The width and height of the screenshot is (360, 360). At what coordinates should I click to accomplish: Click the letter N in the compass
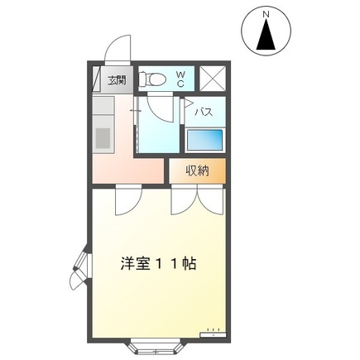pos(266,14)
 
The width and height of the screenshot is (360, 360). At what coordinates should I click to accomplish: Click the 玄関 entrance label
pos(117,80)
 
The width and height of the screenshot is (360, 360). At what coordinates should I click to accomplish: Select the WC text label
pos(180,79)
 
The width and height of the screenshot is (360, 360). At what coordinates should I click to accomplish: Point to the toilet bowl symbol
pos(152,79)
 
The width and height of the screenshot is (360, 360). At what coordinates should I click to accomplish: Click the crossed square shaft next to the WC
pos(213,79)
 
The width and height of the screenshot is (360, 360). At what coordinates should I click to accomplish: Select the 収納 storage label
pos(196,171)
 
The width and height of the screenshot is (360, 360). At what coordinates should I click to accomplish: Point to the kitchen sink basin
pos(103,135)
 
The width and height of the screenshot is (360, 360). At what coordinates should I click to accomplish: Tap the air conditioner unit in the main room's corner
pos(213,334)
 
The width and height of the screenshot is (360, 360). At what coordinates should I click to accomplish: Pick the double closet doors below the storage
pos(196,200)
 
